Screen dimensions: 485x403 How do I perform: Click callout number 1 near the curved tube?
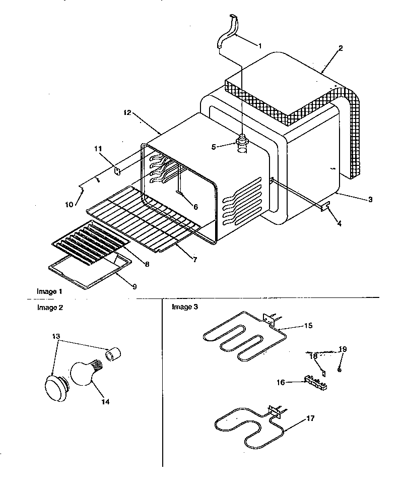click(259, 46)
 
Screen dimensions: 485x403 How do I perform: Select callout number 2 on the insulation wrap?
click(341, 48)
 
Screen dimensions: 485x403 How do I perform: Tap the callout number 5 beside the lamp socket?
click(213, 147)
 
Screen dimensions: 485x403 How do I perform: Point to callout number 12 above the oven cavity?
click(126, 113)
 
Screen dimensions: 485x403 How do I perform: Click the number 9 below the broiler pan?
click(135, 286)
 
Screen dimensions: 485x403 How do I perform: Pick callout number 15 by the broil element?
click(308, 326)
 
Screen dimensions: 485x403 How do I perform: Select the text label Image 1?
click(50, 291)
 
